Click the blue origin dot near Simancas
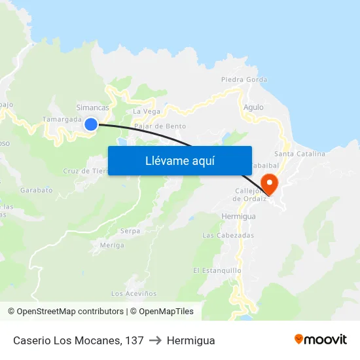[91, 124]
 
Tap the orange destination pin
[269, 183]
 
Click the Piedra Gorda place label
[244, 80]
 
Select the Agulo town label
[253, 107]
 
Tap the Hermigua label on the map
[238, 216]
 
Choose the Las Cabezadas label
[228, 235]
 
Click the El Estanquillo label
[217, 270]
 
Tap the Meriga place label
[112, 245]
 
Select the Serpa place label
[130, 231]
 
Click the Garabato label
[36, 190]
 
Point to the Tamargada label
[62, 120]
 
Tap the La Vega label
[146, 111]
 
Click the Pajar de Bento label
[160, 126]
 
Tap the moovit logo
[320, 339]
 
